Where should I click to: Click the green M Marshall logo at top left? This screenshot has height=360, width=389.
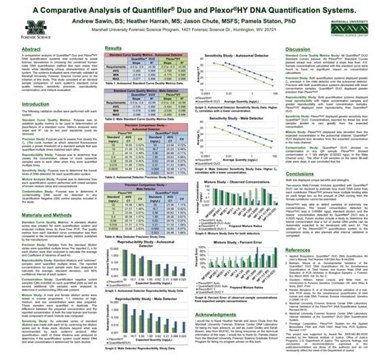16,21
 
